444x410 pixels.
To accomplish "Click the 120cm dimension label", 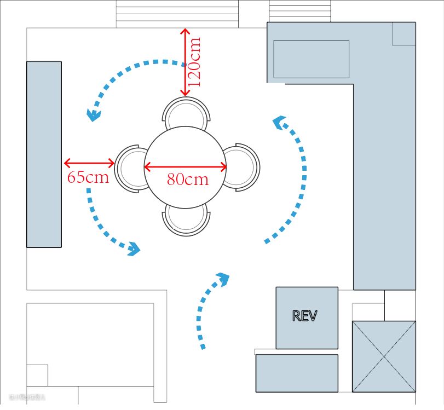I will [194, 61].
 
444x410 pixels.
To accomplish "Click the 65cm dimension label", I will [88, 177].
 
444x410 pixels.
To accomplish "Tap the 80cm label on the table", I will [188, 179].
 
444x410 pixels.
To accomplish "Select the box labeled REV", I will [306, 317].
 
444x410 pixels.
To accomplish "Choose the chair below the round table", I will [186, 220].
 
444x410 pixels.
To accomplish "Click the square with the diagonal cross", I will [384, 356].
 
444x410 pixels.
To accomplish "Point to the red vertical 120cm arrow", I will [184, 61].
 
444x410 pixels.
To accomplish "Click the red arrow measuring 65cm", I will [89, 163].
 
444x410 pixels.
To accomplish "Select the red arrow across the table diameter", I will [185, 166].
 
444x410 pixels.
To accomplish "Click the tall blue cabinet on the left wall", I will [44, 154].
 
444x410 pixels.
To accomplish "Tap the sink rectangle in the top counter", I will [311, 59].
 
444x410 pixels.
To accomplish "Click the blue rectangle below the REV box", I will [296, 373].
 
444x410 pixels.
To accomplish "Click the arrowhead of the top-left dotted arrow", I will [94, 115].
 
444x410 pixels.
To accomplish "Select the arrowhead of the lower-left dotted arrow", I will [134, 250].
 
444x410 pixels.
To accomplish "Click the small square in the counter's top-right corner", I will [404, 33].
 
